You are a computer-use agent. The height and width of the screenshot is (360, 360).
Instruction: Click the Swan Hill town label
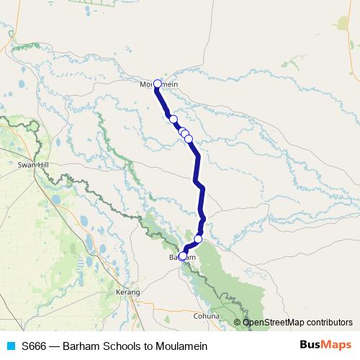click(x=31, y=165)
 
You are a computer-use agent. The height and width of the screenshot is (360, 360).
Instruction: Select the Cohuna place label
click(x=207, y=315)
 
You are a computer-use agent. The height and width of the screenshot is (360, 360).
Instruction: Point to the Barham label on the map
click(x=182, y=257)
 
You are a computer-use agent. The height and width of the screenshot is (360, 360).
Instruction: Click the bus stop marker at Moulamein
click(x=158, y=84)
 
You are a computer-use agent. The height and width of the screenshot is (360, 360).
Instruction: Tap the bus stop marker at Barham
click(x=183, y=255)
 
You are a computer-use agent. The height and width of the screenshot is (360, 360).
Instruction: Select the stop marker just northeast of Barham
click(x=198, y=239)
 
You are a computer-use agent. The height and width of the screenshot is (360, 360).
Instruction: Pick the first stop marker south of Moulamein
click(x=173, y=119)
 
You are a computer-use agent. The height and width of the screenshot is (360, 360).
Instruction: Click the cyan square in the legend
click(x=10, y=346)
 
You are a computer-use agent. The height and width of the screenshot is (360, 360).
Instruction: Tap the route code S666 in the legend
click(x=35, y=346)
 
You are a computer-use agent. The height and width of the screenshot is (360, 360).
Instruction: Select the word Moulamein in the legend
click(x=186, y=346)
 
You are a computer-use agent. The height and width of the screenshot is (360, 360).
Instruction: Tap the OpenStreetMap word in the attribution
click(x=271, y=323)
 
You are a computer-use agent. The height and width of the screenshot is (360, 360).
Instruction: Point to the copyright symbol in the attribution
click(x=237, y=323)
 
